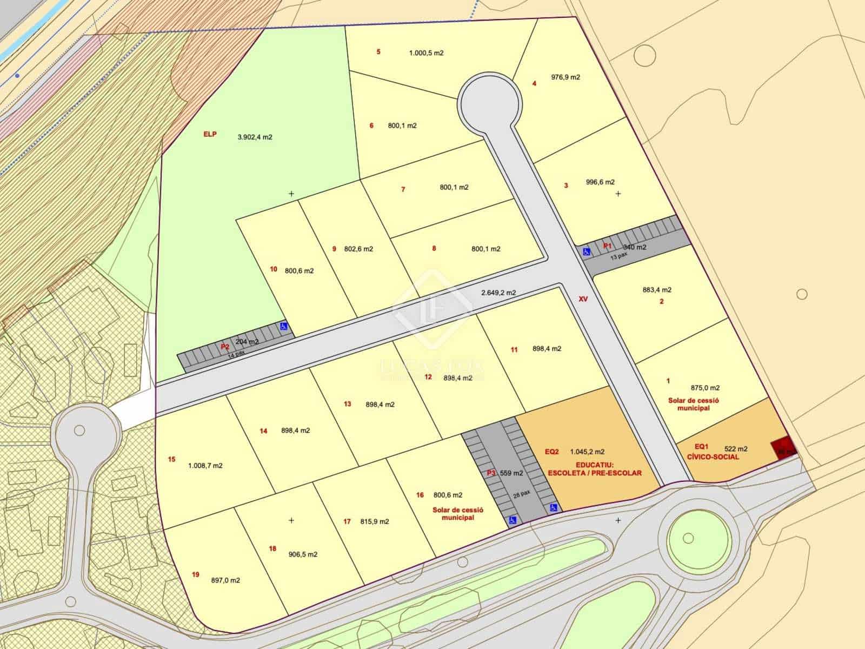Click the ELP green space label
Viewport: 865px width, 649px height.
point(210,134)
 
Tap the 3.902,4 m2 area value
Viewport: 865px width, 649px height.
point(255,137)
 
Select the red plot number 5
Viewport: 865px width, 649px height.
point(378,52)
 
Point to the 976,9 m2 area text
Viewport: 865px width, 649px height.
point(565,77)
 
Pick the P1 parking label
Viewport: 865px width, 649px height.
point(607,246)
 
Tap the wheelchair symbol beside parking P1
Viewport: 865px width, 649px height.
point(586,251)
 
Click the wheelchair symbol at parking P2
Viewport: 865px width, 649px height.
point(283,326)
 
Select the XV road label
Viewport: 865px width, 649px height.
point(583,299)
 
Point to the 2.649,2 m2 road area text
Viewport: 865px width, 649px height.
point(498,293)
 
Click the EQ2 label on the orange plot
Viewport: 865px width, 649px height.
point(552,452)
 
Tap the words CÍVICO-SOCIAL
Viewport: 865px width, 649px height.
point(713,457)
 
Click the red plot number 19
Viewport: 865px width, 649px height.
point(196,574)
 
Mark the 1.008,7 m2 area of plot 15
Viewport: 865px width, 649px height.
point(205,466)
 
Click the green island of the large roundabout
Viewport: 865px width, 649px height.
point(688,538)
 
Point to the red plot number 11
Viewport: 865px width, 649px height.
point(514,350)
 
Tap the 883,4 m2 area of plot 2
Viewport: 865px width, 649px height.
point(657,290)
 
